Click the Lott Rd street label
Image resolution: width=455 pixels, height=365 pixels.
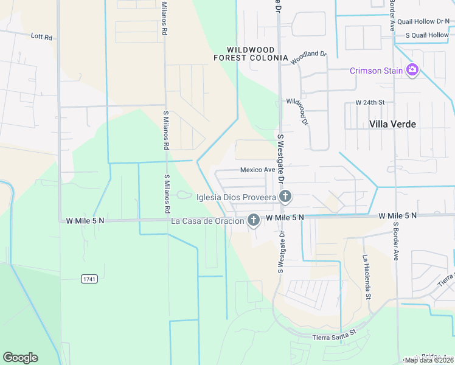[x=41, y=37]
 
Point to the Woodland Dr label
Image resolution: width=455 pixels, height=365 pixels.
[x=308, y=58]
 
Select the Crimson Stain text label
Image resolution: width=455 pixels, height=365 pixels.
[x=376, y=71]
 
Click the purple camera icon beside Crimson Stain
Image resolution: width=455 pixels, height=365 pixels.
[x=412, y=70]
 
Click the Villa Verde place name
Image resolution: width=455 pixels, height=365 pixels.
[x=393, y=124]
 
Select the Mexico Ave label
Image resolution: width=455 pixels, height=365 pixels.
[x=257, y=170]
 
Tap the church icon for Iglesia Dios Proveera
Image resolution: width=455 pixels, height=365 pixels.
[x=285, y=196]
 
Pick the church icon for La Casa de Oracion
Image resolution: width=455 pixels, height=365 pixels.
[x=253, y=220]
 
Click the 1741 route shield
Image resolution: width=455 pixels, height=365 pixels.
[x=89, y=279]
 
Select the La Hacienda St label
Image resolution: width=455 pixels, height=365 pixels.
[x=367, y=277]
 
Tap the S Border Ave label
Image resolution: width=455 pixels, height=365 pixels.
[x=395, y=241]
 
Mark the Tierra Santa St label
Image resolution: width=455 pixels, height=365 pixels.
[x=333, y=336]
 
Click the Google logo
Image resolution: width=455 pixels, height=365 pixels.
[x=20, y=358]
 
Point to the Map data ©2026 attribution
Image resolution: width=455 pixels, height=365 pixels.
[x=429, y=360]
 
